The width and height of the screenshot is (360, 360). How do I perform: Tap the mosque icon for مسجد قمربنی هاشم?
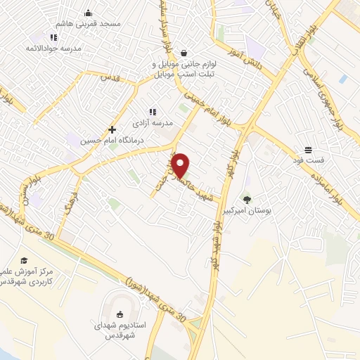(x=88, y=12)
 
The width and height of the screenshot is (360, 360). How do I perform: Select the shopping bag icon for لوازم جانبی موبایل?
(x=184, y=53)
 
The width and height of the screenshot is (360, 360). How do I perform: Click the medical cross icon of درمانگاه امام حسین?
(x=112, y=129)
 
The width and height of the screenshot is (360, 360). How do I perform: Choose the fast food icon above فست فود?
(x=309, y=149)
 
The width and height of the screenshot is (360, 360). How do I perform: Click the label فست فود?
(x=310, y=160)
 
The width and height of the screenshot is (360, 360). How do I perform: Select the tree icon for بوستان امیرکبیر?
(x=247, y=200)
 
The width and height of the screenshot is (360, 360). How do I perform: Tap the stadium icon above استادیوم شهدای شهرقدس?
(x=118, y=314)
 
